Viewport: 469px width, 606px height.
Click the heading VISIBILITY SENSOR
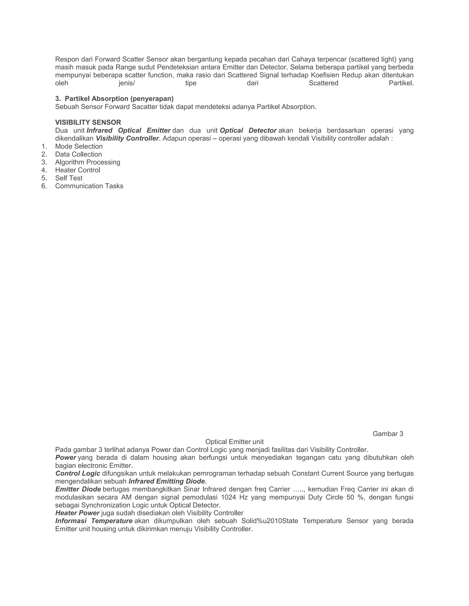[x=88, y=122]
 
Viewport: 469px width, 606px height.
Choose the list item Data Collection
[x=78, y=154]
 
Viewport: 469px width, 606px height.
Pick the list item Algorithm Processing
[x=87, y=162]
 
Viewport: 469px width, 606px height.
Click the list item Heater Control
[x=78, y=170]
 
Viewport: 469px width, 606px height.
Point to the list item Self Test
[x=69, y=178]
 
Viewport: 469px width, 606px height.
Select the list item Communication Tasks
[x=89, y=186]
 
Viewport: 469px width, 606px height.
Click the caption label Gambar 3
[x=388, y=434]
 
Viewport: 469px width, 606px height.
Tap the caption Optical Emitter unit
[x=234, y=442]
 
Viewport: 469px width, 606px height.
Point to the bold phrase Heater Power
[x=77, y=513]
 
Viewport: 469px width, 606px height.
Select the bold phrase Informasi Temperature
[x=94, y=521]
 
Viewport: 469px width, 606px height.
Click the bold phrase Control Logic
[x=78, y=473]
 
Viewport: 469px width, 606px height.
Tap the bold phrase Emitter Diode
[x=78, y=489]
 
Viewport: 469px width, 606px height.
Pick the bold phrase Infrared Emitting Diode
[x=166, y=481]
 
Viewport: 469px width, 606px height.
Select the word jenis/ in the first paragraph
[x=126, y=83]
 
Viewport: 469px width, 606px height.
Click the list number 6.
[x=44, y=186]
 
